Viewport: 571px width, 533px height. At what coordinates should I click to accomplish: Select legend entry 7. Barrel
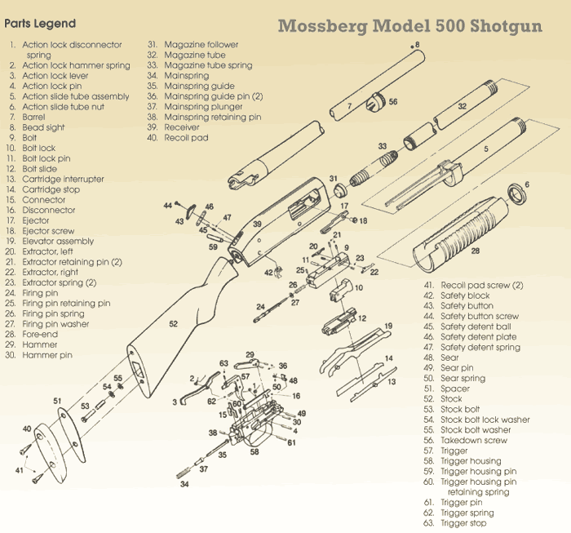tap(38, 118)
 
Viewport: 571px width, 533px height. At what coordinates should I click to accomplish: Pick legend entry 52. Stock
tap(451, 399)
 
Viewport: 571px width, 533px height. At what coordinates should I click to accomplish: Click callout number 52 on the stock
tap(173, 324)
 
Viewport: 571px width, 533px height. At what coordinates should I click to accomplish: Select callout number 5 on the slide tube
tap(486, 149)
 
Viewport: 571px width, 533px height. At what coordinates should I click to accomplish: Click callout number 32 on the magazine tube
tap(462, 106)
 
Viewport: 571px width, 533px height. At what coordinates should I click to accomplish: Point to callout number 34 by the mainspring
tap(184, 484)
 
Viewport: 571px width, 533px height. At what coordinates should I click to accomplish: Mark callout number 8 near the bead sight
tap(417, 44)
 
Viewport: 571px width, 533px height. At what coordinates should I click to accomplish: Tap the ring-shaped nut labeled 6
tap(516, 194)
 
